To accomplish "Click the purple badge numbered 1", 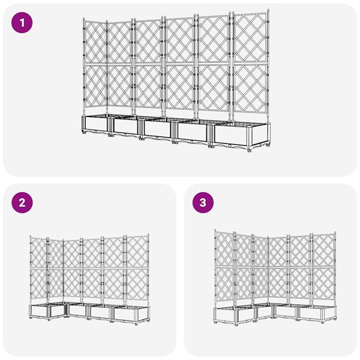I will [x=23, y=23].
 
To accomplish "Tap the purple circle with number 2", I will [x=23, y=202].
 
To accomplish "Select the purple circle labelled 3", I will [x=203, y=202].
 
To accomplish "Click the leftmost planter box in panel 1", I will [x=94, y=124].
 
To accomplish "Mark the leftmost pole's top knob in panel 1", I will [x=83, y=20].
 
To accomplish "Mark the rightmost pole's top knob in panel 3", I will [x=334, y=234].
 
